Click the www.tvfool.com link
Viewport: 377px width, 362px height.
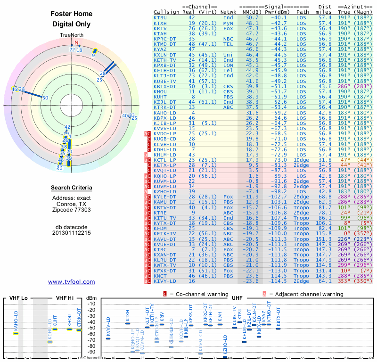pos(72,282)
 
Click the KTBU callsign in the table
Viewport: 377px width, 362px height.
pos(160,17)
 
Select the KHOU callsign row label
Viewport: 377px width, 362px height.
pos(160,91)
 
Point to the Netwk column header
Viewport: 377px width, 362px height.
pos(229,12)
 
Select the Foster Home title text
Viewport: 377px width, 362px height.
pos(72,14)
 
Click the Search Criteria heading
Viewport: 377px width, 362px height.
pos(72,188)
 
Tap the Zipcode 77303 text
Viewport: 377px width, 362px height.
pos(72,210)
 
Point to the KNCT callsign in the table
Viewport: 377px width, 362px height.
pos(160,276)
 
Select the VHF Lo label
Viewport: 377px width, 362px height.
pos(17,298)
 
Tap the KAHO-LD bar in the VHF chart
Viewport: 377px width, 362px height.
pos(16,333)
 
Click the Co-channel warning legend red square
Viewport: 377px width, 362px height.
pos(165,294)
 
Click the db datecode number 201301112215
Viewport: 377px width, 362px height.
pos(72,232)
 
